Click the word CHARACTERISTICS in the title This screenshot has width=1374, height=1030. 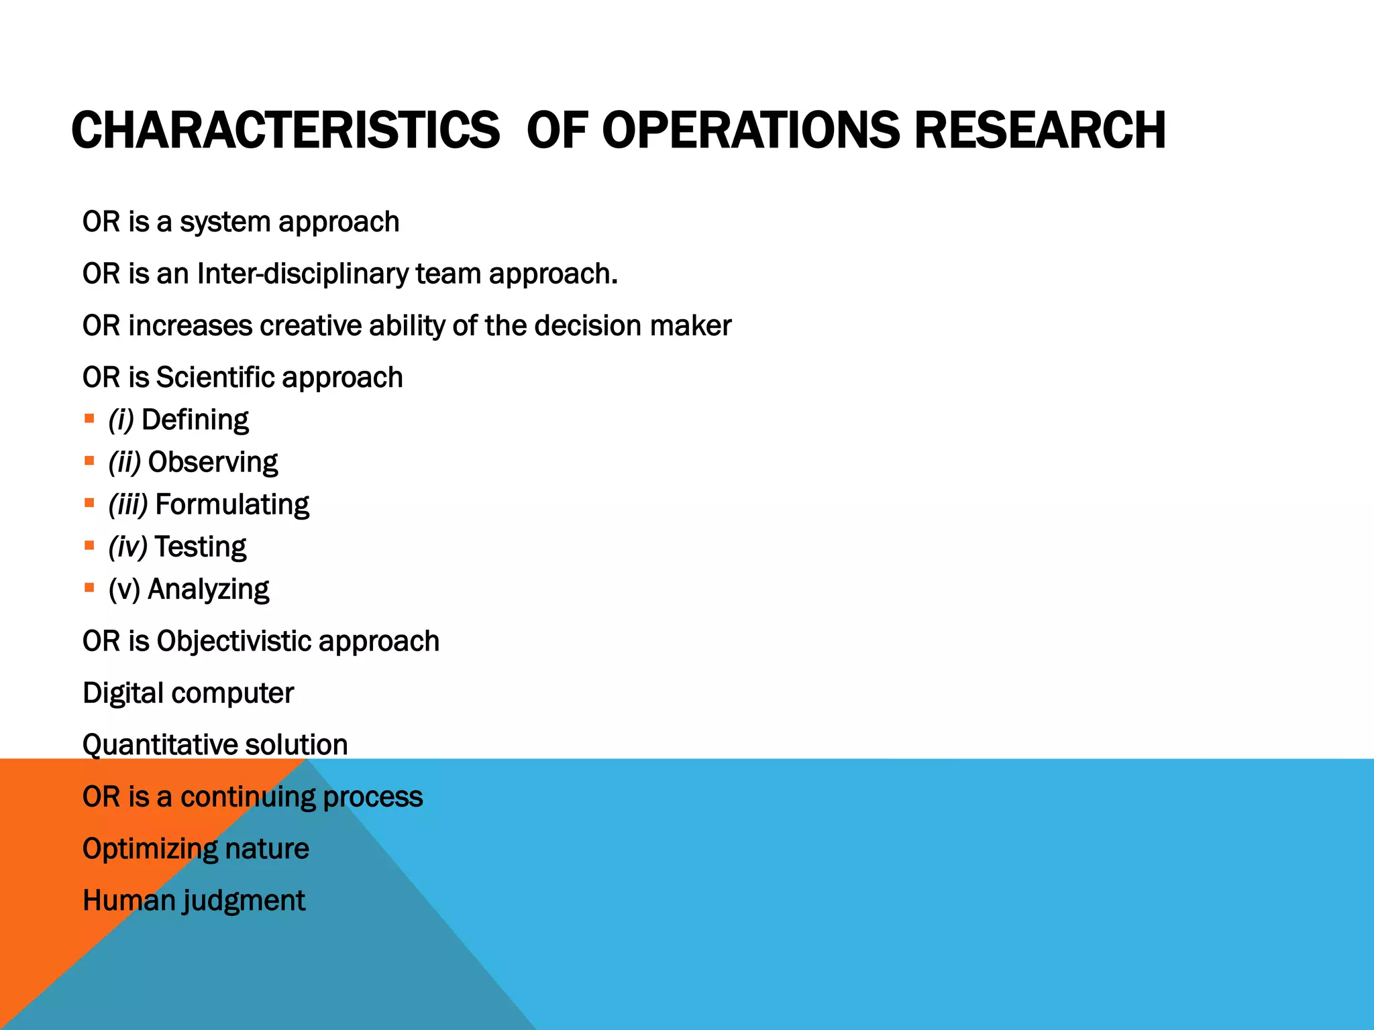[285, 130]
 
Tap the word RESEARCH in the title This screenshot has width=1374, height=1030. [1040, 130]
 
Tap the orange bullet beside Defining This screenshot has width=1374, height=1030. [89, 419]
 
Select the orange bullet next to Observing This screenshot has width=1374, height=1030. [89, 461]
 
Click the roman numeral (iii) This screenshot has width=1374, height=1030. [127, 505]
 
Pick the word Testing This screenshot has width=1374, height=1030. [200, 547]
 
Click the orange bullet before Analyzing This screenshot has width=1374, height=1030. [89, 588]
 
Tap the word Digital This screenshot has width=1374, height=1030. [123, 693]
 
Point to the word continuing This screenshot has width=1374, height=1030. [248, 797]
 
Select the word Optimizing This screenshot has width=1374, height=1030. [150, 849]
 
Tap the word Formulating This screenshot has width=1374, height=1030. [232, 505]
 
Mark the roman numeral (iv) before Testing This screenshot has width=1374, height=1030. [127, 547]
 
